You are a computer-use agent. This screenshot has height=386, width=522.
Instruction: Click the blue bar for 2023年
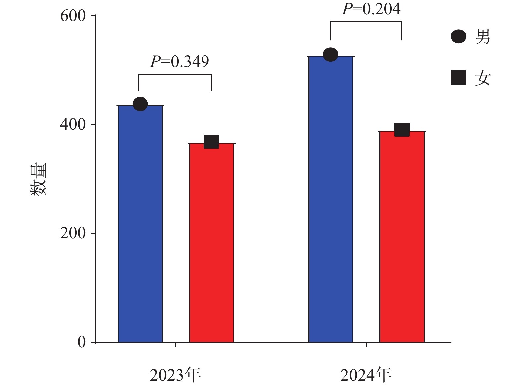click(x=140, y=224)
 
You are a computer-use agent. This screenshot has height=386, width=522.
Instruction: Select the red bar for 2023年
click(x=211, y=242)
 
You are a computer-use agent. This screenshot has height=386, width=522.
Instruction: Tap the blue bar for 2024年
click(x=330, y=199)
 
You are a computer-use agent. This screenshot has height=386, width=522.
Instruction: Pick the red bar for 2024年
click(x=402, y=236)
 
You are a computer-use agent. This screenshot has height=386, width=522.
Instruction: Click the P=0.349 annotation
click(x=180, y=62)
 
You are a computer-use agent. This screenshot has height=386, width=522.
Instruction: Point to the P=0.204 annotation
click(x=371, y=9)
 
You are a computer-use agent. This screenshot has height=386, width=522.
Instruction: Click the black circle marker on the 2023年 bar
click(x=140, y=104)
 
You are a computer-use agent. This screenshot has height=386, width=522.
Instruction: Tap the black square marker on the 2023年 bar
click(x=211, y=142)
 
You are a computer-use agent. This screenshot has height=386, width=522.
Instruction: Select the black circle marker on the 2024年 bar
click(x=330, y=55)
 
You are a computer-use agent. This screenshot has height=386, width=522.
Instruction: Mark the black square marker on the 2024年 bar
click(x=402, y=130)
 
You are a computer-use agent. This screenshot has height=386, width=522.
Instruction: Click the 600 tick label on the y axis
click(x=73, y=16)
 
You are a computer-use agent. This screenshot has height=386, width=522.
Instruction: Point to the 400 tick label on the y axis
click(x=73, y=125)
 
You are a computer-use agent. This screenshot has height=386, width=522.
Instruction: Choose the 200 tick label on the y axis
click(x=73, y=233)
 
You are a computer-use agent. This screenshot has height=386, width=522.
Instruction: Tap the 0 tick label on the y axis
click(x=81, y=342)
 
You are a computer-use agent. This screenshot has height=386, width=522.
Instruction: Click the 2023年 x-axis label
click(x=175, y=375)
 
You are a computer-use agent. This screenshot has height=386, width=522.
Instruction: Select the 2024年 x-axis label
click(x=366, y=375)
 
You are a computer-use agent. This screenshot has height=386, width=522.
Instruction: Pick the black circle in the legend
click(x=458, y=36)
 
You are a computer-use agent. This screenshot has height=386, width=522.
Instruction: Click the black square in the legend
click(x=458, y=78)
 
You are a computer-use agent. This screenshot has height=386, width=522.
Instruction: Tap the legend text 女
click(x=482, y=78)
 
